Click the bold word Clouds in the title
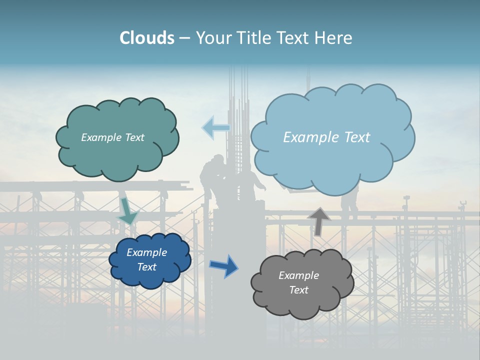coord(146,38)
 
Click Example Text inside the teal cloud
coord(112,137)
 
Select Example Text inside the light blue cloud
coord(326,137)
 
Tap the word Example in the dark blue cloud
coord(146,252)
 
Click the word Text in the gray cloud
coord(298,290)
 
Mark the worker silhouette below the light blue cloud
coord(349,202)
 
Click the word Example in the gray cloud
coord(298,275)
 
